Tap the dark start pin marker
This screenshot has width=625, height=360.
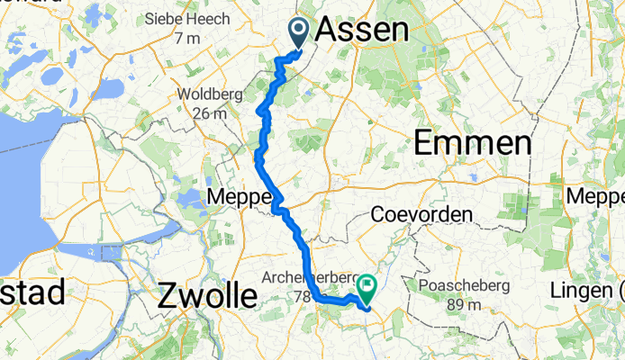click(x=299, y=31)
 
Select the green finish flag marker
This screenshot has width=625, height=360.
click(x=367, y=286)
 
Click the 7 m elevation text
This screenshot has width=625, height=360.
click(x=187, y=38)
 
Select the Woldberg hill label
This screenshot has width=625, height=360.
click(x=206, y=94)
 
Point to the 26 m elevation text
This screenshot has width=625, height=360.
click(x=208, y=112)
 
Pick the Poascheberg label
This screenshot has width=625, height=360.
click(x=465, y=286)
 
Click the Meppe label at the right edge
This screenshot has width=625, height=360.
click(x=596, y=196)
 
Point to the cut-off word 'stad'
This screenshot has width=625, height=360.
click(x=32, y=292)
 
